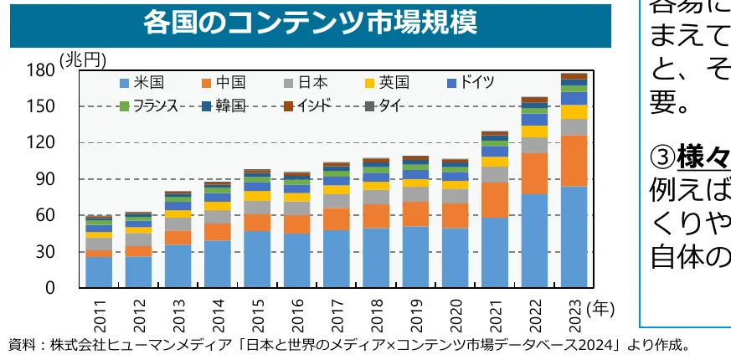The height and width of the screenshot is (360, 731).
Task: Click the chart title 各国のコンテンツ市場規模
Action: tap(310, 23)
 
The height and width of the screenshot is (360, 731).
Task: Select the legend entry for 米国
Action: tap(142, 82)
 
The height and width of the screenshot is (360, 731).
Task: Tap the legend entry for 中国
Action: tap(223, 82)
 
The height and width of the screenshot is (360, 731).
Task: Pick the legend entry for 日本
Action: tap(305, 82)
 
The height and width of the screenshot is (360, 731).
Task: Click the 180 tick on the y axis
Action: tap(41, 70)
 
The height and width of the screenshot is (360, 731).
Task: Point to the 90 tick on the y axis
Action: tap(45, 179)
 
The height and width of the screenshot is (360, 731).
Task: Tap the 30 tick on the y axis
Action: tap(45, 252)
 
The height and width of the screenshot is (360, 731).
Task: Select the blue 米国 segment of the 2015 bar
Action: tap(257, 259)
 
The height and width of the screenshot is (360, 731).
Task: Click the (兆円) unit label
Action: tap(83, 59)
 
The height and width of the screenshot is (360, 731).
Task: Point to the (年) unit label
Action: tap(601, 308)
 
